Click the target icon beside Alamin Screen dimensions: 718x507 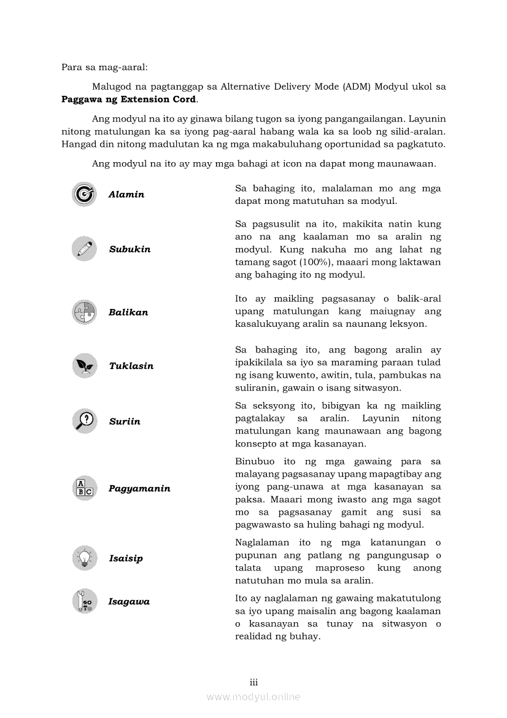click(x=84, y=194)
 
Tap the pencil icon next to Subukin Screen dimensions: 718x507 click(x=84, y=249)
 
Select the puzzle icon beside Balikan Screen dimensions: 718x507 click(x=84, y=312)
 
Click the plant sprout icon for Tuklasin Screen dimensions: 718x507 click(x=84, y=365)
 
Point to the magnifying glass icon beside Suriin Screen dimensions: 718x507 click(x=84, y=421)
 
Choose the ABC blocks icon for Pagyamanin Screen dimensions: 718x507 click(x=84, y=488)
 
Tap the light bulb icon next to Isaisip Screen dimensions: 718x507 click(x=84, y=558)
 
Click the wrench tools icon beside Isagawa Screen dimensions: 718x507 click(x=84, y=601)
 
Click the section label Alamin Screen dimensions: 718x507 click(x=126, y=195)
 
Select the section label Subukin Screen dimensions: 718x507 click(x=130, y=249)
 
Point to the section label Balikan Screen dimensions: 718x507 click(x=128, y=313)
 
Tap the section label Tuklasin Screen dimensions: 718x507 click(x=131, y=366)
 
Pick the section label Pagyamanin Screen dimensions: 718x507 click(x=139, y=489)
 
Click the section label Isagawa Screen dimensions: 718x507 click(x=129, y=602)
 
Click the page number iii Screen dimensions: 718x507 click(x=253, y=682)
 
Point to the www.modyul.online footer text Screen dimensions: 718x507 click(x=253, y=697)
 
